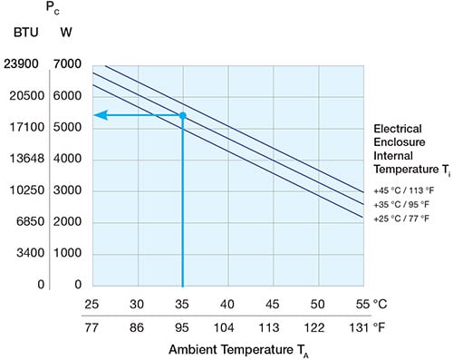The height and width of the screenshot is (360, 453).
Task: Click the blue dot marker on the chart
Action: [182, 115]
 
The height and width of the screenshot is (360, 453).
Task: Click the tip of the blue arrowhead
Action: [96, 115]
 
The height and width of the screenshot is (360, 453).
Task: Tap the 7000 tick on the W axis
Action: [70, 64]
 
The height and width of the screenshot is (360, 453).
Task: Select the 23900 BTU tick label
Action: [23, 64]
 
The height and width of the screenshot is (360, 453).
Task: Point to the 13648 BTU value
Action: [23, 160]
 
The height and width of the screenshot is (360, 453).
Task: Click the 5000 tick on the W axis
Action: [70, 128]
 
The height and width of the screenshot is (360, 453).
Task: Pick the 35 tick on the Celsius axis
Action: [182, 302]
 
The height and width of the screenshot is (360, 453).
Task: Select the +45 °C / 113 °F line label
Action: [402, 191]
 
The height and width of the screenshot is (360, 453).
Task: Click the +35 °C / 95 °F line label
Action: [402, 205]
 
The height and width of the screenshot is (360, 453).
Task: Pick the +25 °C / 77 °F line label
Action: [402, 219]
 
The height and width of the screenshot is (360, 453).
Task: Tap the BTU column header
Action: [24, 34]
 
